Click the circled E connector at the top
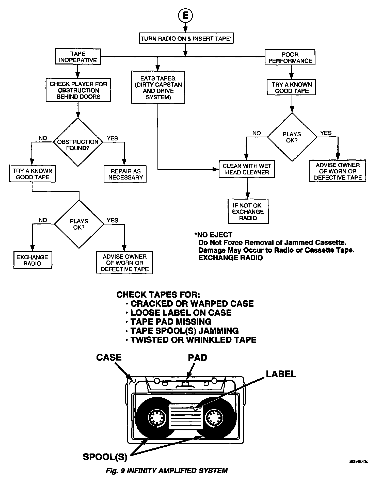(x=185, y=15)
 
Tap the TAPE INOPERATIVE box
(x=78, y=57)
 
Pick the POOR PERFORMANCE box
(x=290, y=58)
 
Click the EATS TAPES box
(x=158, y=88)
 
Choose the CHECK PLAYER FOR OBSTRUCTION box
(x=78, y=90)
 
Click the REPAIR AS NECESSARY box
(x=125, y=174)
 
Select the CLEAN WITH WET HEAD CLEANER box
(x=247, y=169)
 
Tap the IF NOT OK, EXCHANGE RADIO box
(x=248, y=212)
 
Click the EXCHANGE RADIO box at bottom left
(x=33, y=260)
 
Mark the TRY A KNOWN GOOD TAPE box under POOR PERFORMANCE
(x=291, y=88)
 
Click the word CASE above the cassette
(x=109, y=358)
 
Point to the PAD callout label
(x=197, y=358)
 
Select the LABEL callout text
(x=281, y=374)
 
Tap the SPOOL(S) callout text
(x=105, y=457)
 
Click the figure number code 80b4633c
(x=359, y=461)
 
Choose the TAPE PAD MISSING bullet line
(x=171, y=322)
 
